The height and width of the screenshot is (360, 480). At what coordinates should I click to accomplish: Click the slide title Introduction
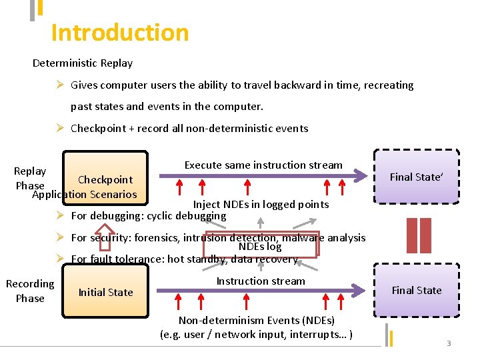(120, 33)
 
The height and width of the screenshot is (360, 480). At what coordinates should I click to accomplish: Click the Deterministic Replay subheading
(83, 63)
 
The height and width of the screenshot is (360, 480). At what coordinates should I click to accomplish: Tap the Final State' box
(416, 177)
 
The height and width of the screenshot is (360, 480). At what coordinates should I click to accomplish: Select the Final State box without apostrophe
(416, 290)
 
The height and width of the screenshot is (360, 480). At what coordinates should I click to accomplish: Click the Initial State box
(105, 292)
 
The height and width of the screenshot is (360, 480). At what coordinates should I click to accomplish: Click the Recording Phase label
(30, 291)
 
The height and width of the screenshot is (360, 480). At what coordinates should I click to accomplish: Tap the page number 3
(449, 343)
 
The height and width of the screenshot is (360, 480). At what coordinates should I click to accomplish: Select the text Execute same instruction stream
(263, 165)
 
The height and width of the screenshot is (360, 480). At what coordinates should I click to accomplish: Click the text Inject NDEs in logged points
(261, 204)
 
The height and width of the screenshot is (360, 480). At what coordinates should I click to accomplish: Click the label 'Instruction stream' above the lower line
(261, 281)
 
